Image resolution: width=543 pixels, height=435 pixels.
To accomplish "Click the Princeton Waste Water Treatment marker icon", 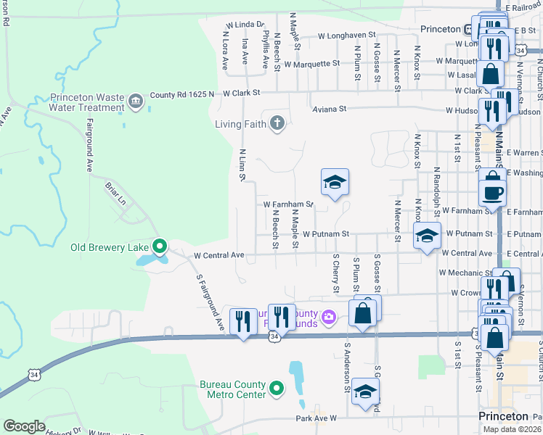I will (136, 102).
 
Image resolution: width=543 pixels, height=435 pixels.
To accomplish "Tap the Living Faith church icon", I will (276, 123).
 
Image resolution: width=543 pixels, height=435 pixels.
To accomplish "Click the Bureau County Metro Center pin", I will (276, 389).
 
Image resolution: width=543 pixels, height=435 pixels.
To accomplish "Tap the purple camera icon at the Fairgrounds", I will (329, 316).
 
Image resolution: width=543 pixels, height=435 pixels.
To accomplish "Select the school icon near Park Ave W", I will (365, 394).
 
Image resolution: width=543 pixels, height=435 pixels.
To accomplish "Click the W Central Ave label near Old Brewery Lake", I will (219, 255).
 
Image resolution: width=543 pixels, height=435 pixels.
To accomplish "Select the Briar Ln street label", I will (115, 195).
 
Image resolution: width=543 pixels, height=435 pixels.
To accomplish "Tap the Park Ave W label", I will (317, 419).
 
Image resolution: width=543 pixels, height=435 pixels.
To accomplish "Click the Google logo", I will (25, 426).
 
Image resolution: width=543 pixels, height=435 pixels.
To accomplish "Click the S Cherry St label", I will (336, 273).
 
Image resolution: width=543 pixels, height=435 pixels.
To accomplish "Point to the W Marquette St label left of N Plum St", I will (311, 63).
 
